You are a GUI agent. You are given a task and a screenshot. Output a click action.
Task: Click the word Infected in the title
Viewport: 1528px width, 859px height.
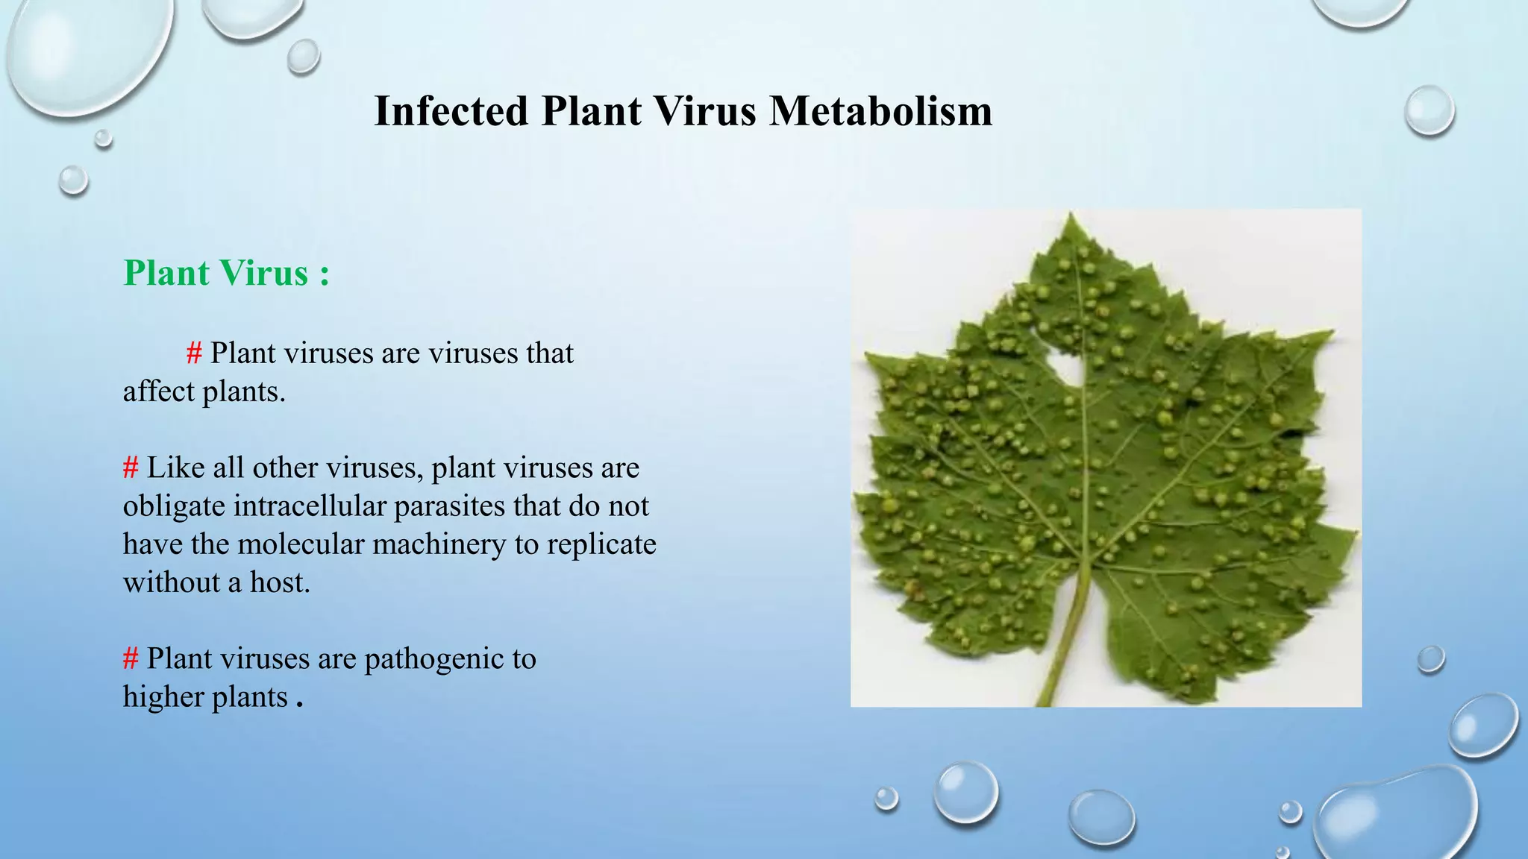[451, 112]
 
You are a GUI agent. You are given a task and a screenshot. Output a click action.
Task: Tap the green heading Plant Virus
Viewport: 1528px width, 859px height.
[216, 273]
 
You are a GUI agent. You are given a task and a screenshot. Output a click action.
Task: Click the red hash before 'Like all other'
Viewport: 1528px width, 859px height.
[131, 468]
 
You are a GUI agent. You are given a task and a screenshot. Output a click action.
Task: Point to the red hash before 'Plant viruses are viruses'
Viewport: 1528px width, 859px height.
[194, 353]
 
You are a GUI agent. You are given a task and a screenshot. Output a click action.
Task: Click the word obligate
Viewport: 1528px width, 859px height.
[174, 507]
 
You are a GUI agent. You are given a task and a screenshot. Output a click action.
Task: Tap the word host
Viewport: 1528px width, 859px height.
[279, 582]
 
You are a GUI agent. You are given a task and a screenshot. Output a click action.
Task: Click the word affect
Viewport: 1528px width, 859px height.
[158, 391]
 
